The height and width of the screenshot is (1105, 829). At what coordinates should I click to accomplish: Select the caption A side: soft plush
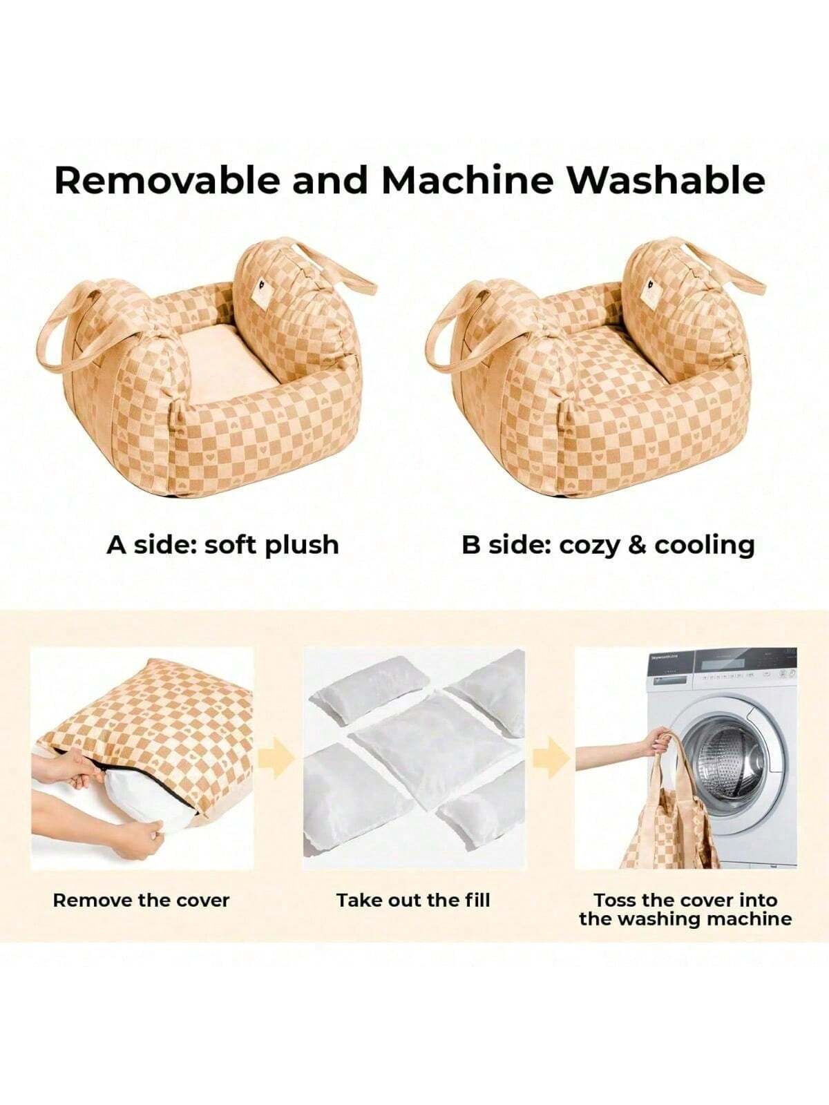[x=222, y=546]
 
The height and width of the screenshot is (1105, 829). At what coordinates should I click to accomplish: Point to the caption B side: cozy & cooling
[x=608, y=546]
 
